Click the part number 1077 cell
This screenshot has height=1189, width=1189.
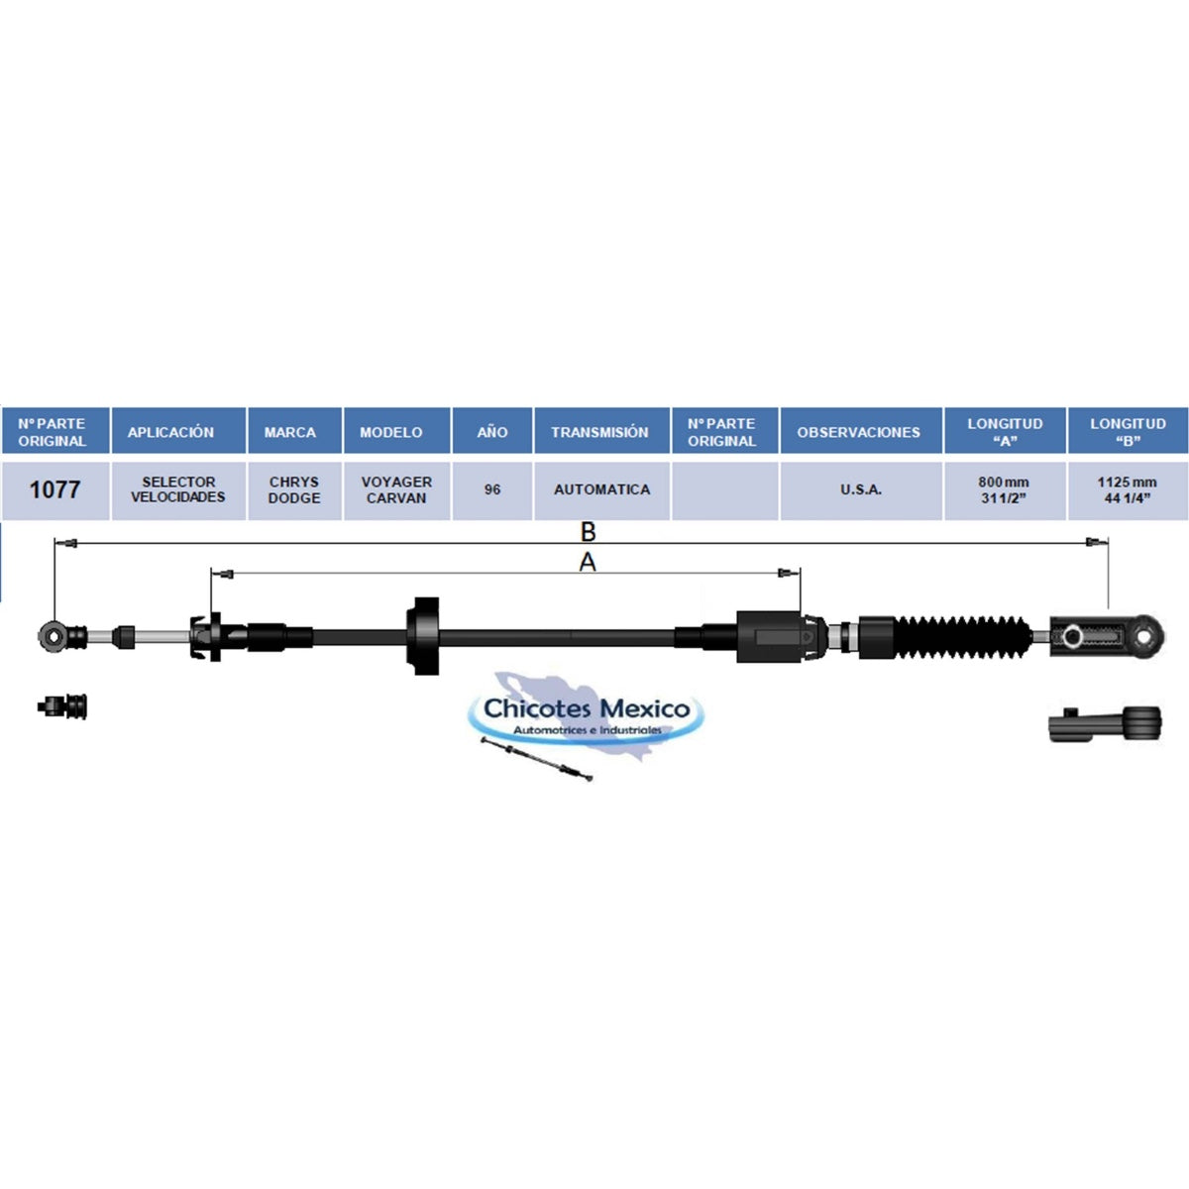coord(54,489)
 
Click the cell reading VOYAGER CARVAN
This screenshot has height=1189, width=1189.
coord(396,489)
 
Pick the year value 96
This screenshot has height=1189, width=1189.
coord(491,489)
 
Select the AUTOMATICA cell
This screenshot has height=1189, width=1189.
coord(601,489)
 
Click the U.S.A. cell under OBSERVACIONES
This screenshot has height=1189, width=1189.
coord(861,489)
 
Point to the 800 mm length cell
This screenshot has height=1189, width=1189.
coord(1005,489)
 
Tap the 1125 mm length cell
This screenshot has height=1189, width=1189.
coord(1128,489)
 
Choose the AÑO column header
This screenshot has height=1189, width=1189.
coord(491,431)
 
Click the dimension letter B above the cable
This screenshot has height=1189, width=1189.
coord(588,531)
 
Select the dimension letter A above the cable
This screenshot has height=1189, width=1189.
coord(588,562)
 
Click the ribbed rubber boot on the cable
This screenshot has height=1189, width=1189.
coord(961,636)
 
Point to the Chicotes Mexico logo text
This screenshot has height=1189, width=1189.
coord(587,709)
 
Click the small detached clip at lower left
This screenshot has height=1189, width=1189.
coord(62,706)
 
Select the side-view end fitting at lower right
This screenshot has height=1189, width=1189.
coord(1105,723)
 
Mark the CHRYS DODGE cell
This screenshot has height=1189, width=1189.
coord(294,489)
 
